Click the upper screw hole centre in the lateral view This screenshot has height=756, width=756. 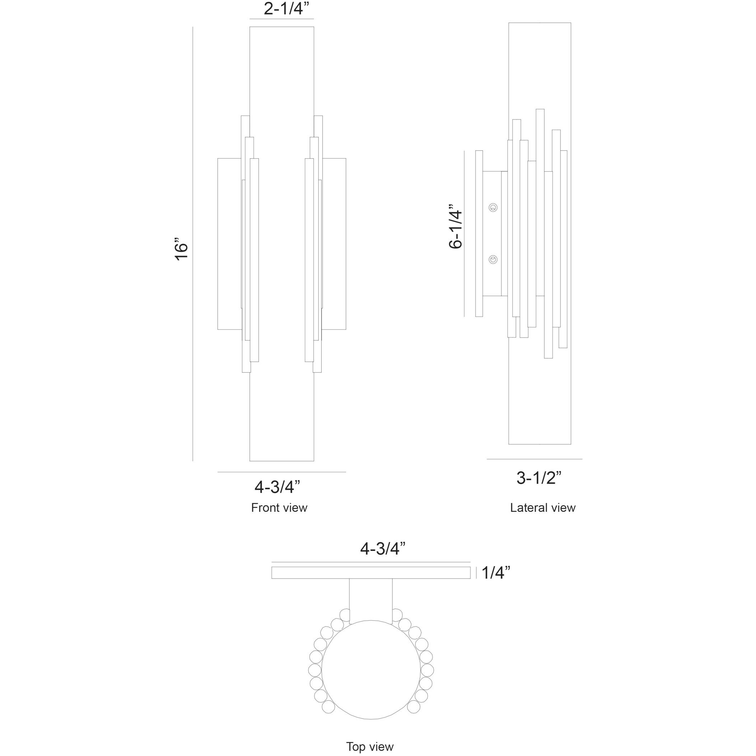[x=494, y=207]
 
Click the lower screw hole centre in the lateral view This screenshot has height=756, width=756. [x=494, y=259]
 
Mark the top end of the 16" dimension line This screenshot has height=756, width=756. [x=193, y=27]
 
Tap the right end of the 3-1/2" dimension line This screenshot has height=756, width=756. [x=582, y=459]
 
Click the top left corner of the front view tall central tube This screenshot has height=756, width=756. [x=249, y=27]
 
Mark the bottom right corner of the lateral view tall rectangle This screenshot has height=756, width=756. [x=571, y=444]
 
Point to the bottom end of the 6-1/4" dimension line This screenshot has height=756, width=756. [x=464, y=316]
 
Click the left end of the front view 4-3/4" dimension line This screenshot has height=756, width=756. [x=218, y=472]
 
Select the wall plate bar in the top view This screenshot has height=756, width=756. [x=371, y=573]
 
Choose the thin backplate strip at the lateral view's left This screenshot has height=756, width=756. [x=479, y=234]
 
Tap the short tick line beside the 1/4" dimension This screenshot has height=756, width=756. [x=476, y=573]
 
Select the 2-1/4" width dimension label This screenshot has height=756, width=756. [x=284, y=9]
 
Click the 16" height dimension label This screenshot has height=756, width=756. [x=182, y=248]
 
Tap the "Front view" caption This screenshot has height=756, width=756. [x=279, y=508]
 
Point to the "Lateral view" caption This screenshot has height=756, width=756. [x=543, y=508]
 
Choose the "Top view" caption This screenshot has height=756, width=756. [x=370, y=747]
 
